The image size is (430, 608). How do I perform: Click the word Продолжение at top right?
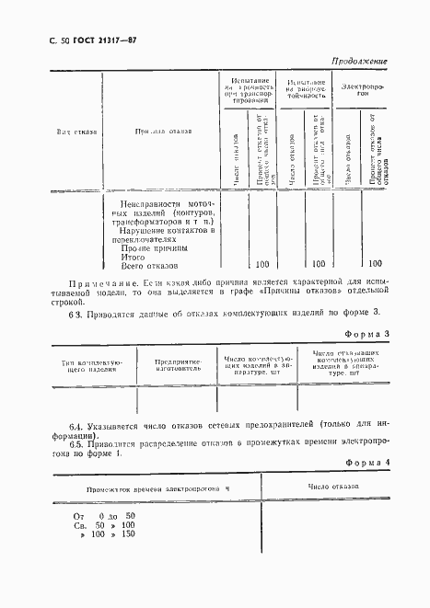pos(358,62)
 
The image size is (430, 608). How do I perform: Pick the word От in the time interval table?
pos(78,516)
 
